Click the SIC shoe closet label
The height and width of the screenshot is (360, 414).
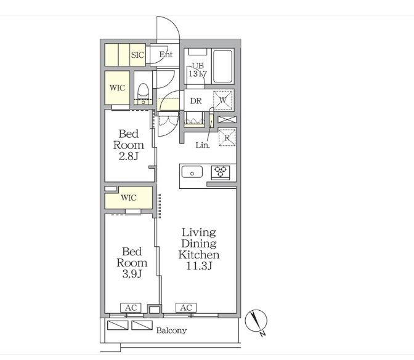coord(137,55)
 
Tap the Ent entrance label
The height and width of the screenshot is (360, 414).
coord(166,54)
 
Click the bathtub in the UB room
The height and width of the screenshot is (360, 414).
coord(222,66)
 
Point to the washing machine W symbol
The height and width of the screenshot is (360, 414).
coord(223,100)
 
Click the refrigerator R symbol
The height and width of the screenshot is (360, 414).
coord(227,137)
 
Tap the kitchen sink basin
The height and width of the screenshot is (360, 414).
coord(192,172)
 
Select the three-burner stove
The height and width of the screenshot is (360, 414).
coord(220,172)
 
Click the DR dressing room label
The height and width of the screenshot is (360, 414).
coord(196,101)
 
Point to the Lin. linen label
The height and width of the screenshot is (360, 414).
coord(203,145)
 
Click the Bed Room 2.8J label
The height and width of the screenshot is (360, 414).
coord(129,145)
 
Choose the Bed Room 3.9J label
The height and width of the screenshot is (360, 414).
coord(132,263)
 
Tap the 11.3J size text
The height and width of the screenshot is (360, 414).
coord(200,266)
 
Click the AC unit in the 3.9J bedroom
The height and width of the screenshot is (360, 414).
coord(131,308)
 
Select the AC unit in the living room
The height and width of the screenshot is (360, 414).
coord(186,308)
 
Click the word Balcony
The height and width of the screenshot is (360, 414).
coord(171,330)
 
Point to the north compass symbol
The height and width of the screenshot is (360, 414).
coord(256,321)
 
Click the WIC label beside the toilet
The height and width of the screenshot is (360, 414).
coord(117,87)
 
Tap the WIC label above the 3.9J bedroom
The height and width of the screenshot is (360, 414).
coord(129,198)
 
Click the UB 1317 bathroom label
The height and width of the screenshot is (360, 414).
coord(198,70)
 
